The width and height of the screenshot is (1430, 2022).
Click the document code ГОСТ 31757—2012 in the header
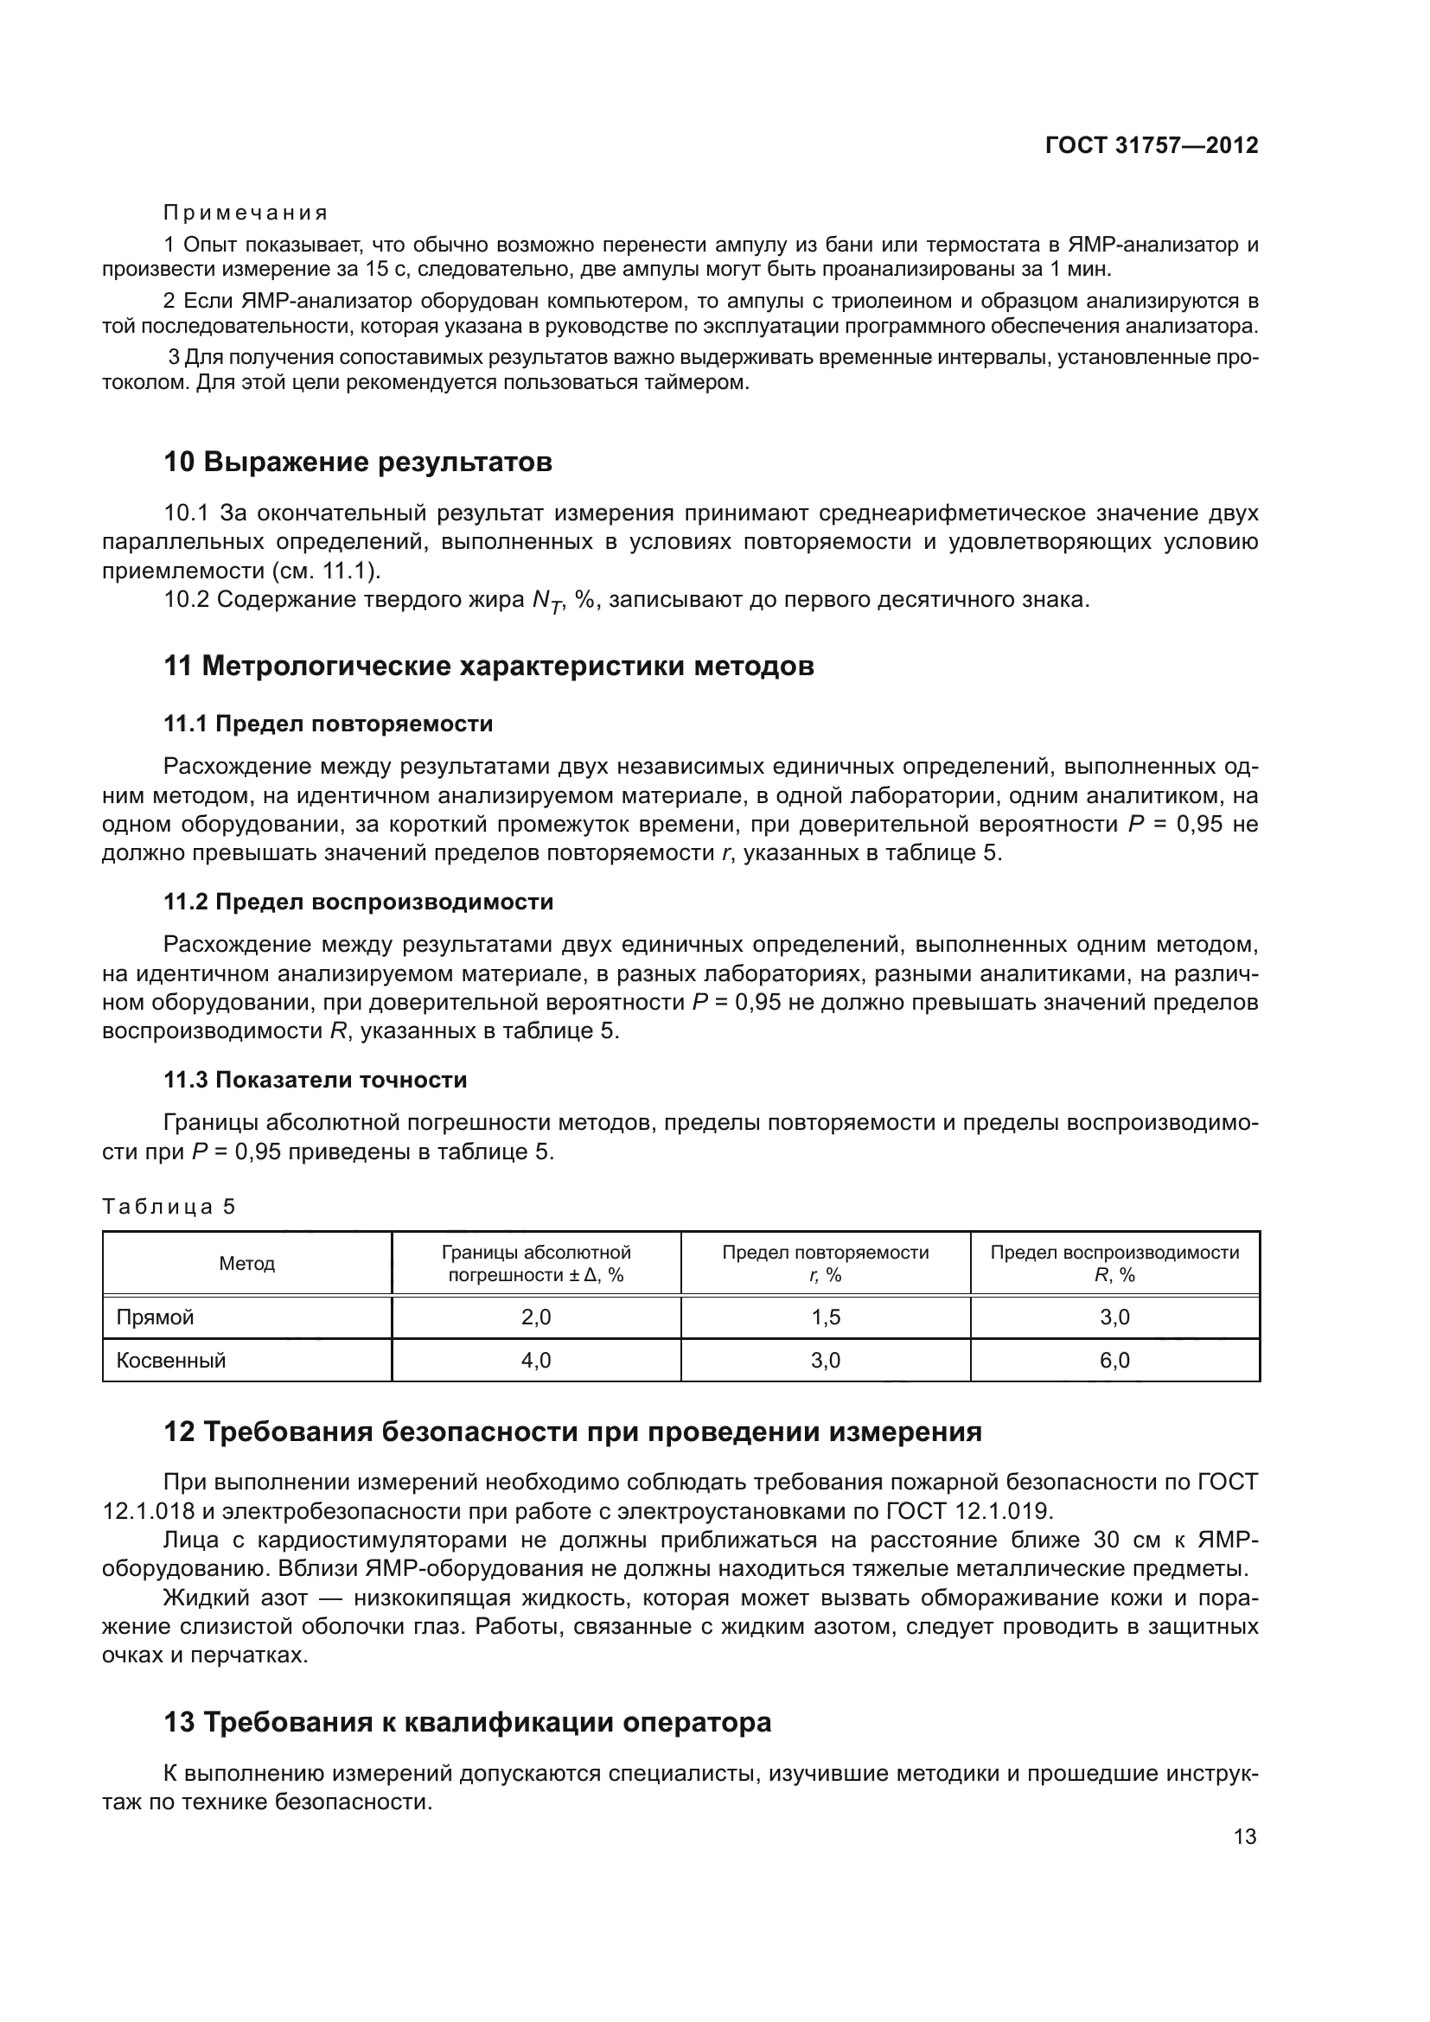[x=1152, y=145]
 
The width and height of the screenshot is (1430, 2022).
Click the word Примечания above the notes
[x=246, y=214]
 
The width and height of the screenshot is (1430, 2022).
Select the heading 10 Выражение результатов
[x=358, y=462]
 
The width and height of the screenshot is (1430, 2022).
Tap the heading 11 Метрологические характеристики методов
[x=488, y=666]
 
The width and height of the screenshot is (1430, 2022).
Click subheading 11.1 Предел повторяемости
[x=328, y=724]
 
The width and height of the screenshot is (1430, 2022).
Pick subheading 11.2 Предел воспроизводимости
[x=359, y=902]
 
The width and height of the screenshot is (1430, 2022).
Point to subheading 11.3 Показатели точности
[x=316, y=1080]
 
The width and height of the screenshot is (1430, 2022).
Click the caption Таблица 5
[x=169, y=1207]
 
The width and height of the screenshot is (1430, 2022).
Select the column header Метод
[x=246, y=1264]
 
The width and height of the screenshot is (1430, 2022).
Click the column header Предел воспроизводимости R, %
[x=1114, y=1264]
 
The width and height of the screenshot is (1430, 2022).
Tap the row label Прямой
[x=155, y=1317]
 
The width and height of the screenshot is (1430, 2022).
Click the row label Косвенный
[x=171, y=1361]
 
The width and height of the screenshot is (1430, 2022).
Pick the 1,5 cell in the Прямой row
[x=825, y=1317]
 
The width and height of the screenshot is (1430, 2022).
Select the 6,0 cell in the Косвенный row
[x=1114, y=1361]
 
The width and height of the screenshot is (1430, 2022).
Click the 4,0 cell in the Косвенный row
[x=535, y=1361]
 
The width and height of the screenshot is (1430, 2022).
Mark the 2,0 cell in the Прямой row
[x=535, y=1317]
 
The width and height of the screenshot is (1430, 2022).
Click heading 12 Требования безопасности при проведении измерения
[x=572, y=1432]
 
